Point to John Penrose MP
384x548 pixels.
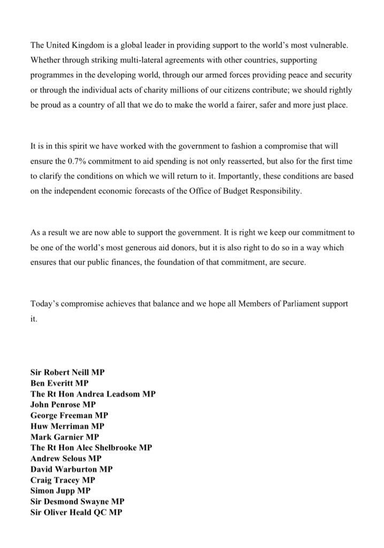point(63,404)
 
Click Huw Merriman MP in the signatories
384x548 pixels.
point(67,426)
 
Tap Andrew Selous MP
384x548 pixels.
point(66,458)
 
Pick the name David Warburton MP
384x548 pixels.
point(72,469)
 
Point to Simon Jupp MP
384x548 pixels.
point(60,490)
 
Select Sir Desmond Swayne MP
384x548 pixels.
point(77,501)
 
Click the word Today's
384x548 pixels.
point(45,303)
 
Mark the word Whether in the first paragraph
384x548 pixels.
point(47,58)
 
